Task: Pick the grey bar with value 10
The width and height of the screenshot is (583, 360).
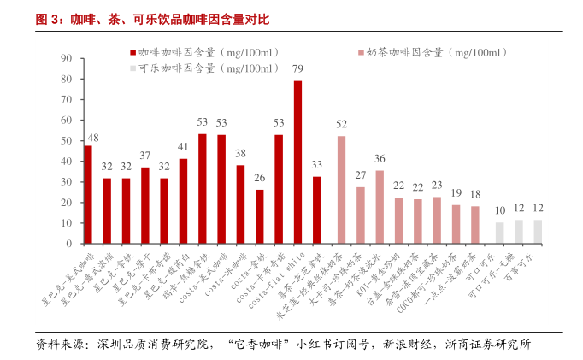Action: [x=499, y=233]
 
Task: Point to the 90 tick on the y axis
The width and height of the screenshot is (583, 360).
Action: [x=66, y=58]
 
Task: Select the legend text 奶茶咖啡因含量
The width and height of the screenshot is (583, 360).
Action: [x=436, y=52]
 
